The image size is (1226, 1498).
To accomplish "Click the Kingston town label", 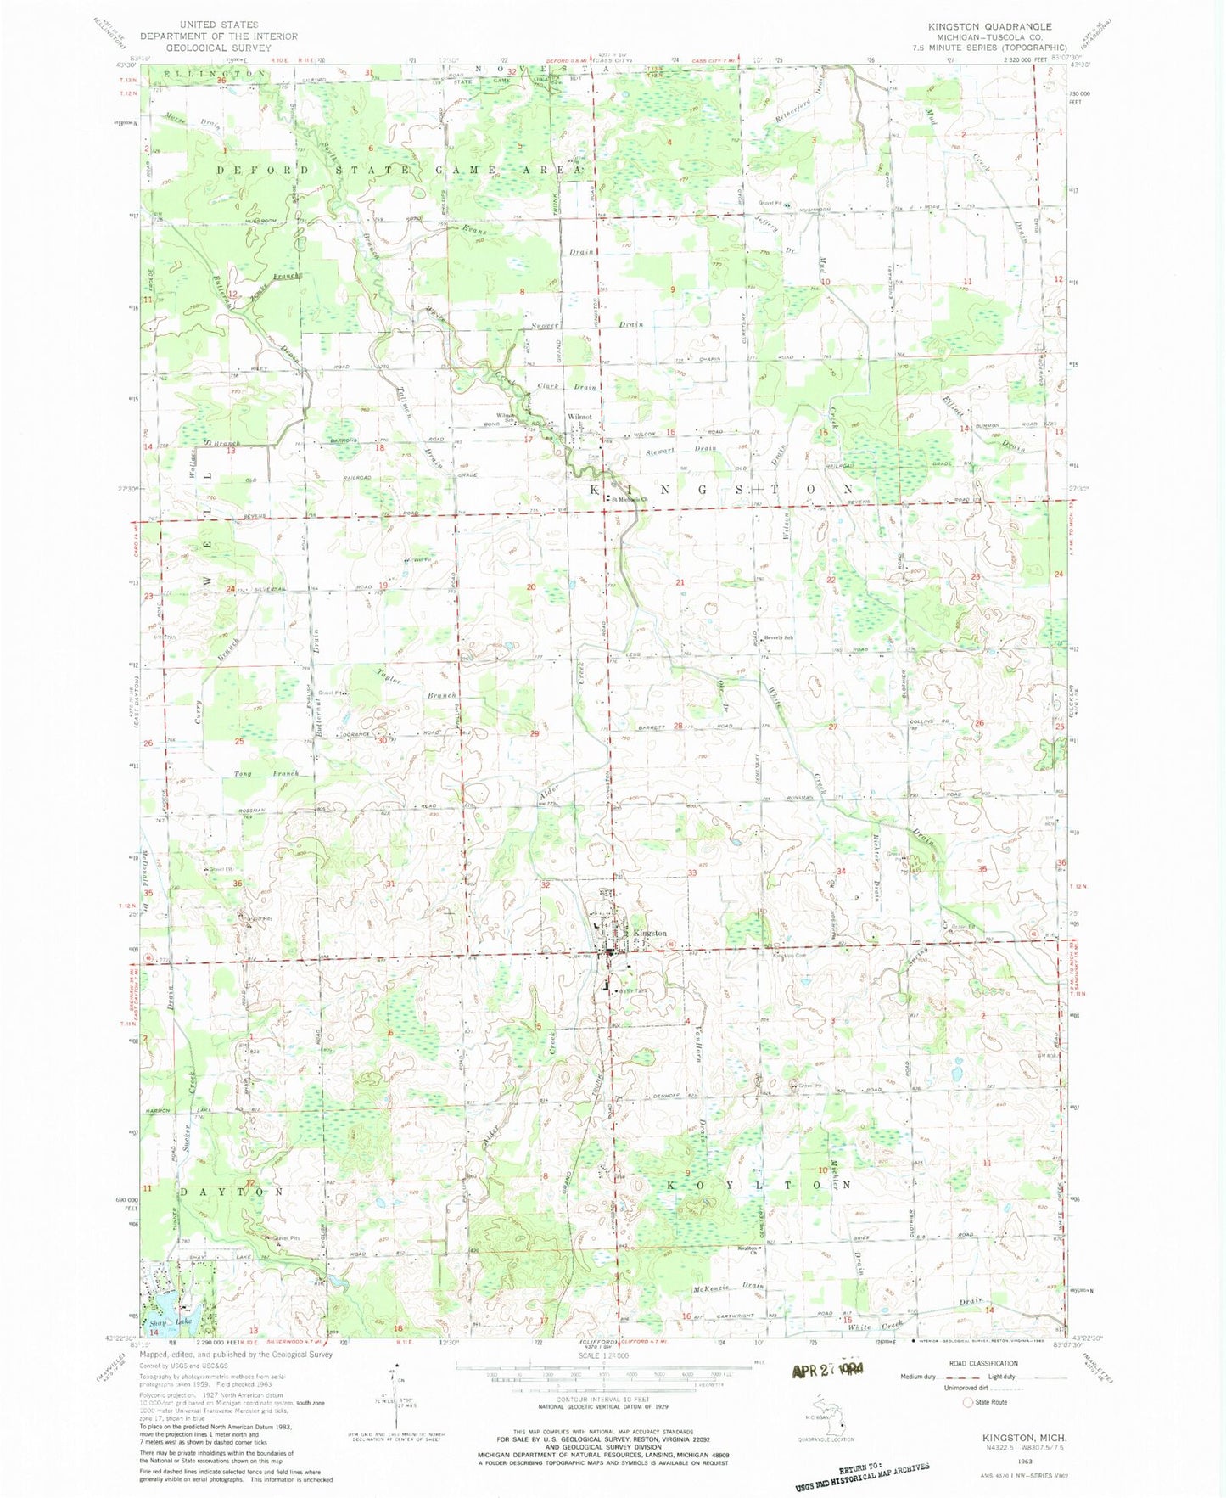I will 650,933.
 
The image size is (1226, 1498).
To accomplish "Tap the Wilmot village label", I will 579,417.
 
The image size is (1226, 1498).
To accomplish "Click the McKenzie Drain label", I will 728,1286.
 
